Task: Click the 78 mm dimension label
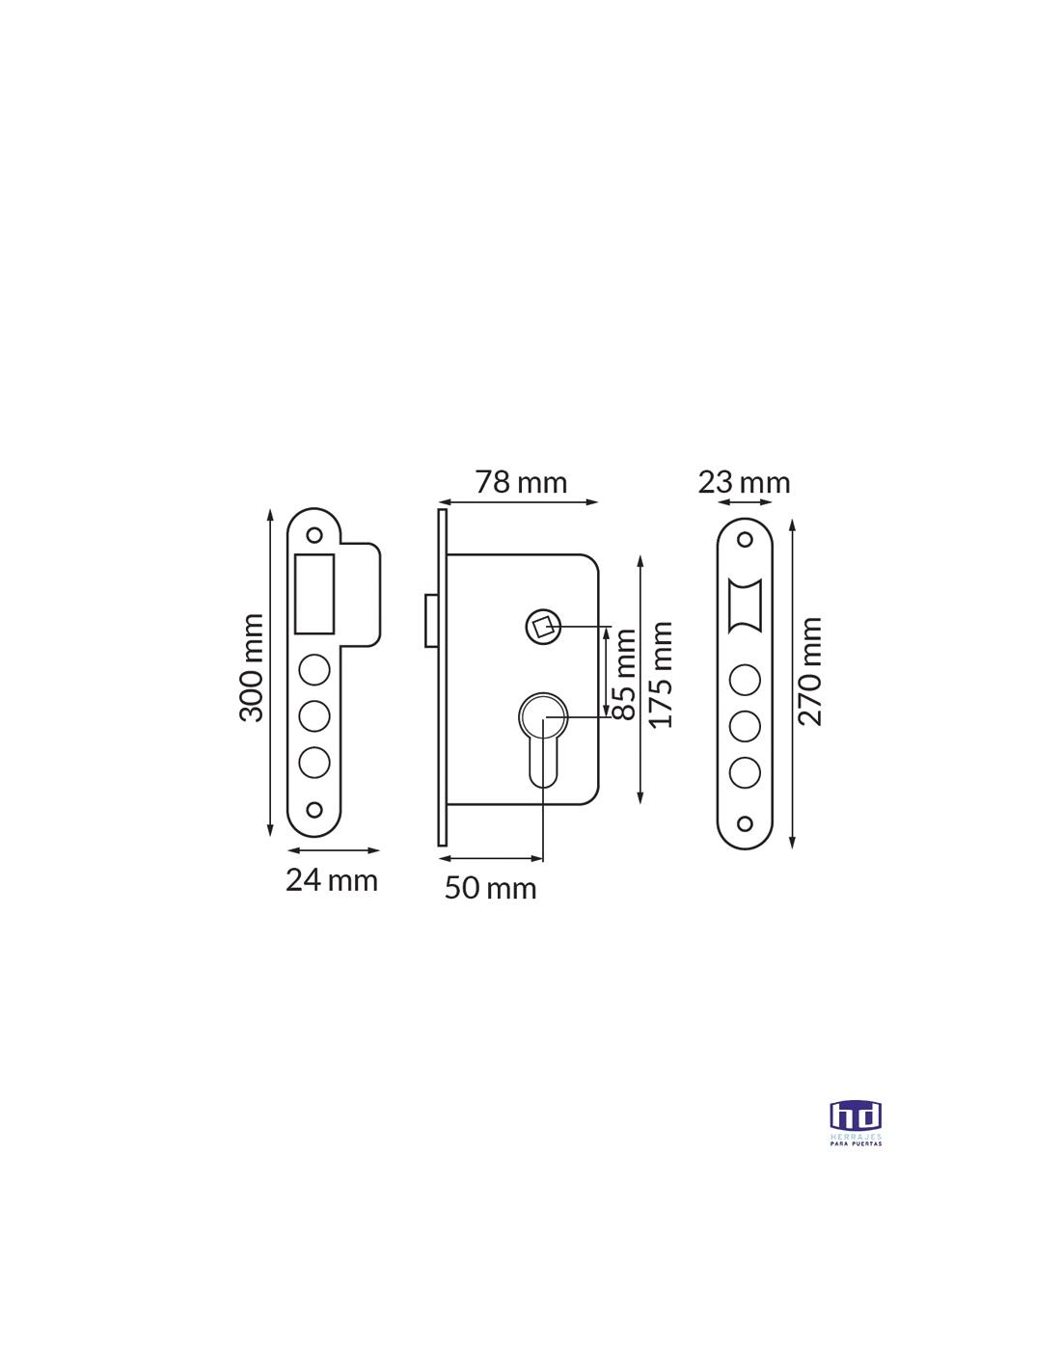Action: [x=521, y=482]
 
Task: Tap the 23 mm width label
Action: [x=744, y=483]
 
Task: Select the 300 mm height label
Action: [x=251, y=667]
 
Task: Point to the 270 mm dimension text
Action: [x=810, y=671]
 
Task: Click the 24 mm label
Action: [x=332, y=880]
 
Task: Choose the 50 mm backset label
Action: [x=490, y=888]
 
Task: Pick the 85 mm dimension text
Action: [x=625, y=674]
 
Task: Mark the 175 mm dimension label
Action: [x=662, y=675]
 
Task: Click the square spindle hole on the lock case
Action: [x=543, y=627]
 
